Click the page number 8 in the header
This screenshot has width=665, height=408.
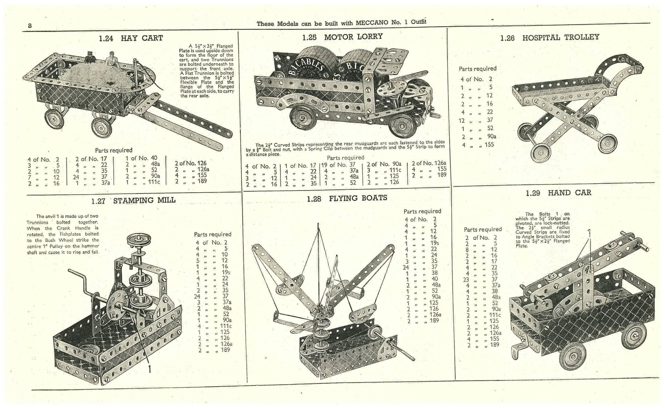[x=30, y=26]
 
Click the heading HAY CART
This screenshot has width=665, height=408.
[x=142, y=38]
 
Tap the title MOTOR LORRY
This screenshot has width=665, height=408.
[x=353, y=37]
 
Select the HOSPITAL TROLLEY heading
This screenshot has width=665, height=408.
[x=561, y=37]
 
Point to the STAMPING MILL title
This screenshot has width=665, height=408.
[x=144, y=200]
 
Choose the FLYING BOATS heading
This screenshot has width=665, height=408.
[x=358, y=198]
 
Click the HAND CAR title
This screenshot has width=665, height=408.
[x=570, y=193]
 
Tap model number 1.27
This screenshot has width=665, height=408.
[x=98, y=201]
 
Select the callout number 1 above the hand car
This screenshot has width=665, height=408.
[x=589, y=233]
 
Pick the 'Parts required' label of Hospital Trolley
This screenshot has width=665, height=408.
[x=477, y=69]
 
